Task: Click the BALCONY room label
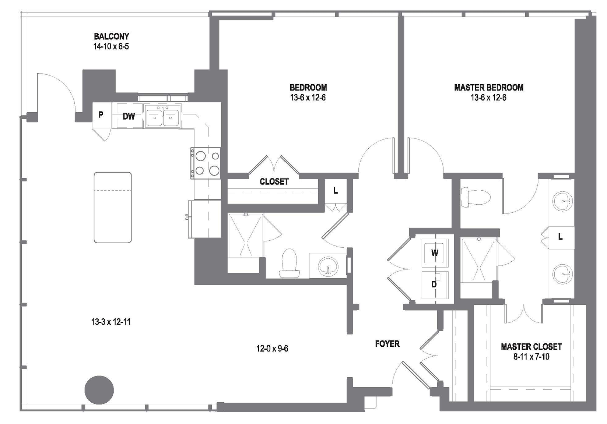point(111,36)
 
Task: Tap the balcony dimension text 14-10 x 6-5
point(111,46)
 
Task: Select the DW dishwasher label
point(129,116)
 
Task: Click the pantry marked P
point(101,115)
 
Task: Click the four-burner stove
point(206,163)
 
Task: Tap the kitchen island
point(113,207)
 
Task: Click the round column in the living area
point(99,390)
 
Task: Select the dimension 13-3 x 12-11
point(111,322)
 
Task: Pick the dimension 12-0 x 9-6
point(272,349)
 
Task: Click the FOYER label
point(387,344)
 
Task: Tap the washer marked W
point(435,253)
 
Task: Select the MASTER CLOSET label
point(531,347)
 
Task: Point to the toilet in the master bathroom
point(475,197)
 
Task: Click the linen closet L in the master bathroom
point(560,237)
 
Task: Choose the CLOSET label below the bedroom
point(274,182)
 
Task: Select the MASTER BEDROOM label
point(489,88)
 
